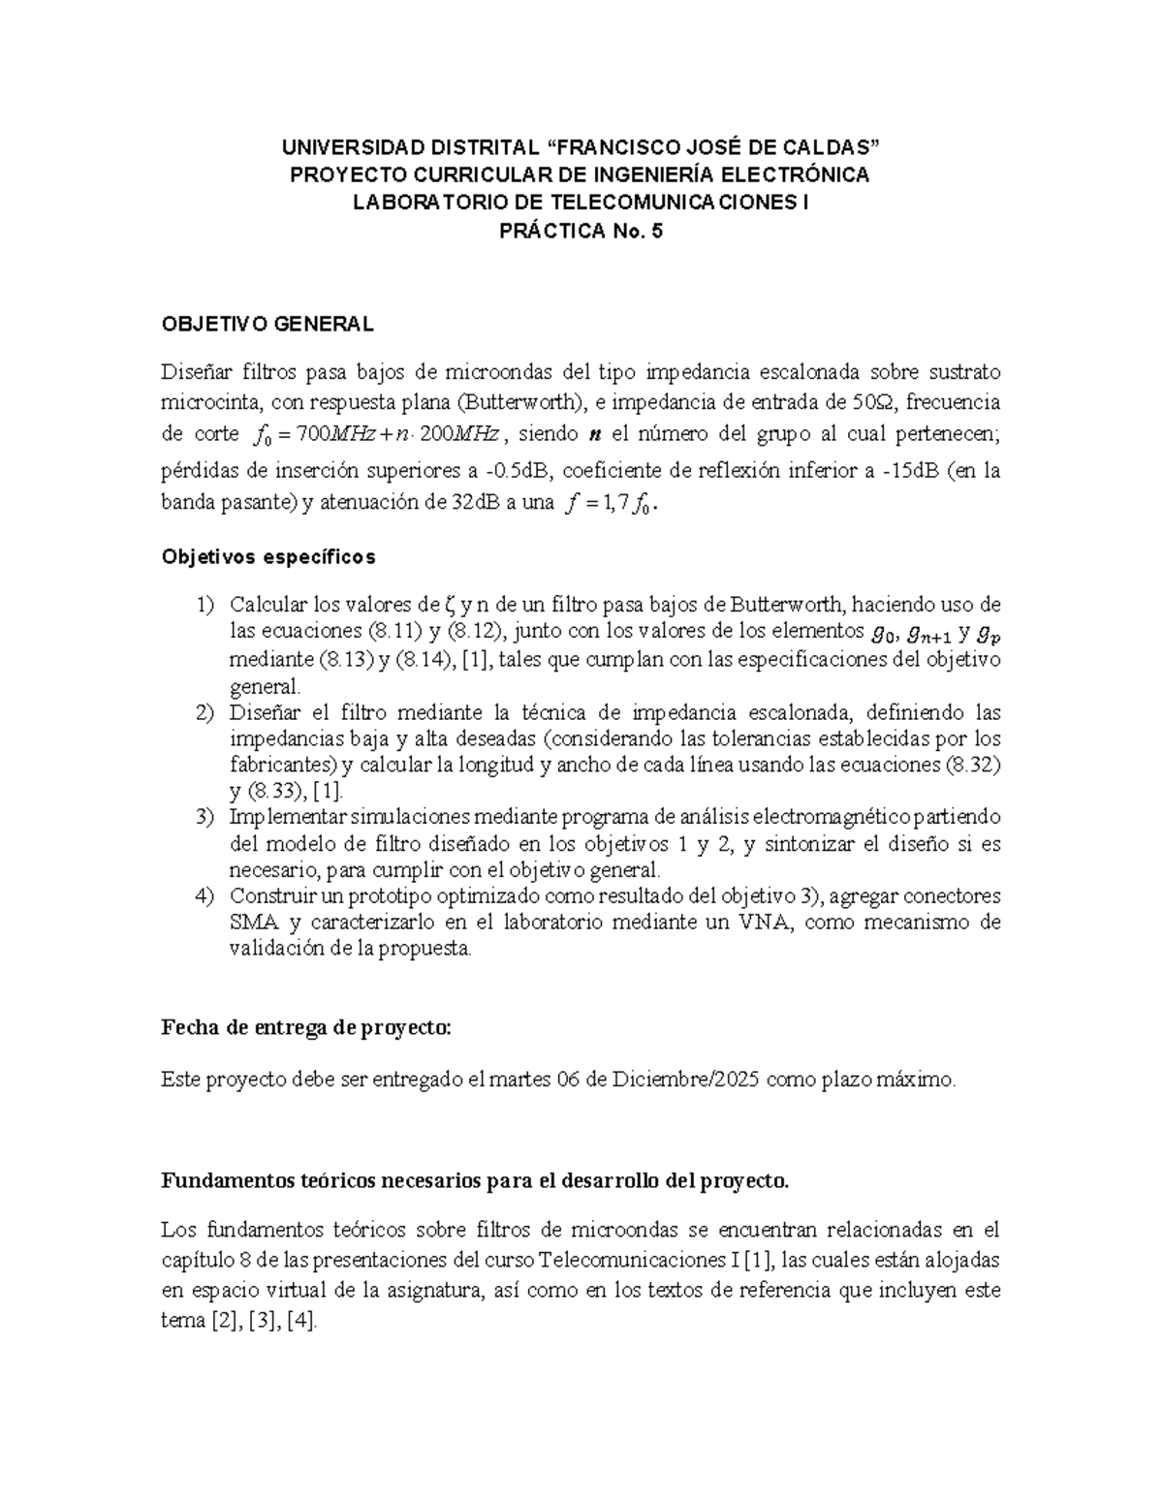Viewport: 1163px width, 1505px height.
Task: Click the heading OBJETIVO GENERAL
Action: [x=267, y=325]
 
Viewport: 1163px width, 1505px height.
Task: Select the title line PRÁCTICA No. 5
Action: [x=581, y=232]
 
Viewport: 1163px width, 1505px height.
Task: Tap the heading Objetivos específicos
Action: [x=268, y=557]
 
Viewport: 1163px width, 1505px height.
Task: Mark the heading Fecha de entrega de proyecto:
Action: [x=306, y=1029]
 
